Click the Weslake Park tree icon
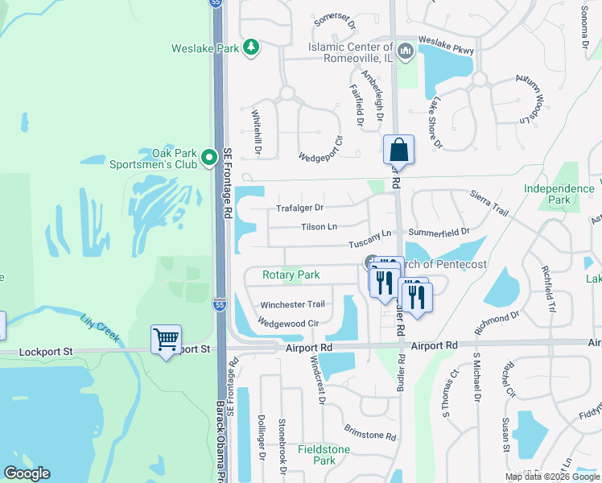[251, 47]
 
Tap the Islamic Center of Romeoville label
[351, 52]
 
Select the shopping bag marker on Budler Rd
[398, 150]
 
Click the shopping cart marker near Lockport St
[166, 340]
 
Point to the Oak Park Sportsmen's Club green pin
[209, 158]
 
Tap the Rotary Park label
[291, 275]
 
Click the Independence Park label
[559, 194]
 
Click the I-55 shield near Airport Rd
[219, 304]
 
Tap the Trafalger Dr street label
[299, 208]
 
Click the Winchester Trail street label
[292, 305]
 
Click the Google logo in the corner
[27, 473]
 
